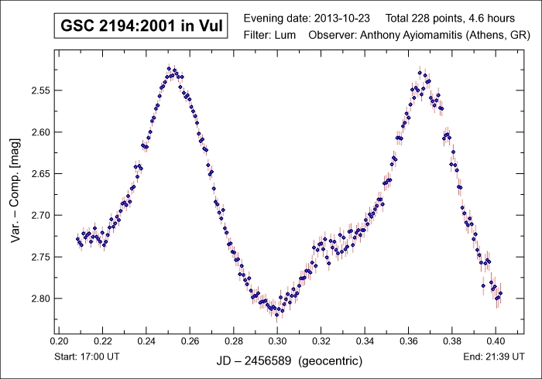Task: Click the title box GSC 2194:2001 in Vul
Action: (x=140, y=26)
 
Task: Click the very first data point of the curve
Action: (x=77, y=239)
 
